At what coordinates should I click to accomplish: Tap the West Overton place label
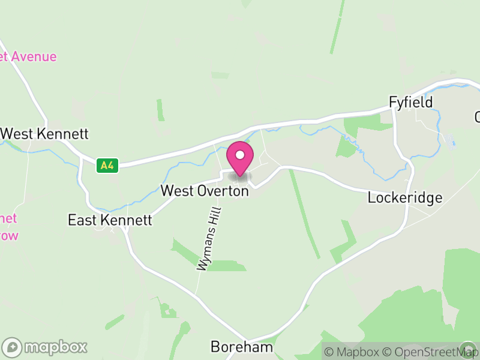coord(205,191)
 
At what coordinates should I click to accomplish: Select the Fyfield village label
coord(410,102)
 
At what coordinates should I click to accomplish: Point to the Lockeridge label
coord(405,197)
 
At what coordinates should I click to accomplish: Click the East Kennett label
coord(110,220)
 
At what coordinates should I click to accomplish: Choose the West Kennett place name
coord(45,133)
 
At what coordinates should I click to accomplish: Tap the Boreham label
coord(242,347)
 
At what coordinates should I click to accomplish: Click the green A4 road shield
coord(107,165)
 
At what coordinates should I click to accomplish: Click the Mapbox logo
coord(45,347)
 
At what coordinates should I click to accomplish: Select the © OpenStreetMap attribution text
coord(431,352)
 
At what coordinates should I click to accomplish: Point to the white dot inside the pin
coord(240,155)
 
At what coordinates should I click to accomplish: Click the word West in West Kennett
coord(16,133)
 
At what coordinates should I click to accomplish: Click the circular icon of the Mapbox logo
coord(12,347)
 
